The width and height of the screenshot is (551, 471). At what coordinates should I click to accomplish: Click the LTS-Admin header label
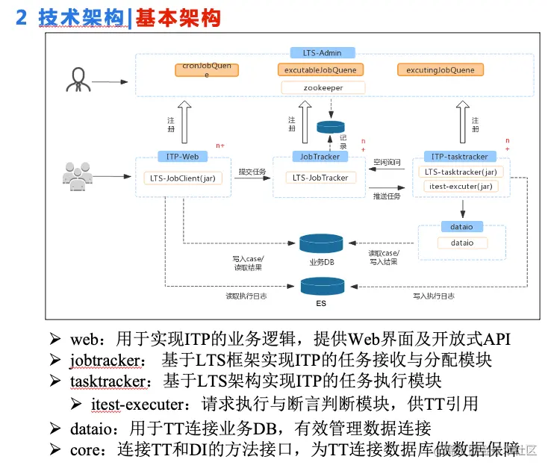click(323, 53)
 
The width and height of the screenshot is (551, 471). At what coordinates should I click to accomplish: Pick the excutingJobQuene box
click(441, 70)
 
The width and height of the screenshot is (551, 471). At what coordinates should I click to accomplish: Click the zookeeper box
click(323, 87)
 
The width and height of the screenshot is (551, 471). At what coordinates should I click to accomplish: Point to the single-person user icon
click(78, 80)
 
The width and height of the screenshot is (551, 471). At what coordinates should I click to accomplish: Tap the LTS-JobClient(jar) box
click(182, 178)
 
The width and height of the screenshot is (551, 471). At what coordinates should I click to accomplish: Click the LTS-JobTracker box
click(320, 178)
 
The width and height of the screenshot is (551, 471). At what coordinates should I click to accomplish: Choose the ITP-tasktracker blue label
click(460, 157)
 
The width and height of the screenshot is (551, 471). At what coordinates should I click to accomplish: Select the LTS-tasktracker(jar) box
click(460, 172)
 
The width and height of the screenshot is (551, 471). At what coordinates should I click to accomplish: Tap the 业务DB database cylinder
click(320, 244)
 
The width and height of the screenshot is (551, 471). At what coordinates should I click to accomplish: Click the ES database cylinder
click(320, 286)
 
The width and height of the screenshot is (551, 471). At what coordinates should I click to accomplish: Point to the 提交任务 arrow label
click(252, 172)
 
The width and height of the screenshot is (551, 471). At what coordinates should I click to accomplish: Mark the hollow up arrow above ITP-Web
click(184, 122)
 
